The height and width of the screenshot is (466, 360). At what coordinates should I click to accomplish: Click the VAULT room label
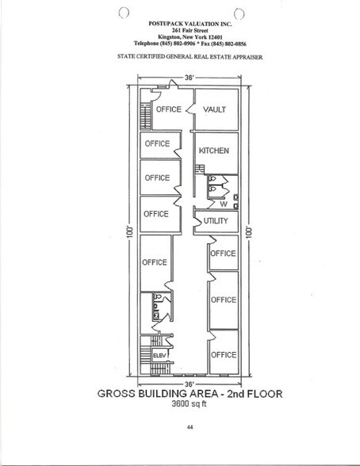(x=215, y=109)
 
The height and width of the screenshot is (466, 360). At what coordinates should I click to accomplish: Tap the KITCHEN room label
(x=214, y=151)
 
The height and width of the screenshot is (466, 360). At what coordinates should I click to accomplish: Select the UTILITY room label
(x=216, y=221)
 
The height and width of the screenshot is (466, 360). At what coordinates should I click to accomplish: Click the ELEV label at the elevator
(x=157, y=354)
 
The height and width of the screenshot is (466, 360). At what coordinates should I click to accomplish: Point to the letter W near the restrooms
(x=212, y=203)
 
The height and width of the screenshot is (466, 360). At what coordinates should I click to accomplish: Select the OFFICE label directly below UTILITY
(x=223, y=254)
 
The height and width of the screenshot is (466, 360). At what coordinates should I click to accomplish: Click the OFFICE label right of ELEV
(x=223, y=354)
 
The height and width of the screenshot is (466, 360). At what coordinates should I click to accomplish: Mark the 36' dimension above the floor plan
(x=190, y=78)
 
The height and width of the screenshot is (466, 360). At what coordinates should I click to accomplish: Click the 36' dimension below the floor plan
(x=189, y=384)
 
